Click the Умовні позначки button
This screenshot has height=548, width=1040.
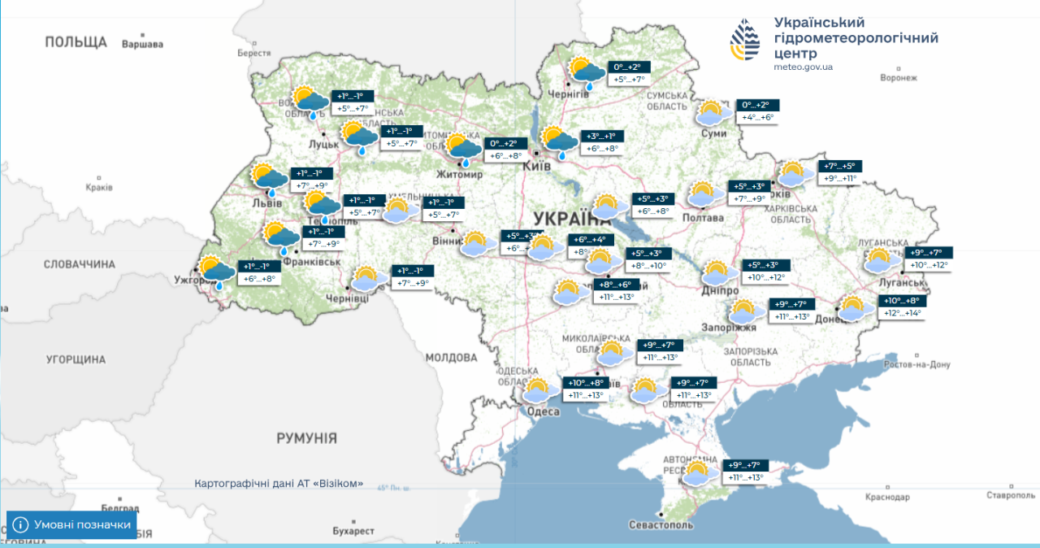[x=71, y=524]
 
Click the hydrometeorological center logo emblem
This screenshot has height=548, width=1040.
[x=747, y=41]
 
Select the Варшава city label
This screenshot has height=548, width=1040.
[x=142, y=45]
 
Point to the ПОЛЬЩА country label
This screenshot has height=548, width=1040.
[x=76, y=42]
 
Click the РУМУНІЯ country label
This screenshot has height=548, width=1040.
[x=306, y=438]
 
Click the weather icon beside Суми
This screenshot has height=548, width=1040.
[x=713, y=113]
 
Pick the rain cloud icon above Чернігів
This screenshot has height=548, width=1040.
[x=586, y=72]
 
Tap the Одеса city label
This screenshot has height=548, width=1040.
[x=544, y=412]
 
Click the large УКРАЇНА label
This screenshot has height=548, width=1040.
[x=573, y=218]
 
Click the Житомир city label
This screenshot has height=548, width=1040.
[x=460, y=174]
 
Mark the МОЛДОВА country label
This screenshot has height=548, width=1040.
[x=451, y=357]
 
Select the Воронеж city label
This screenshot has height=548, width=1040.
[x=898, y=78]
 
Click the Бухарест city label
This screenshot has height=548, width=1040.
[x=353, y=531]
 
